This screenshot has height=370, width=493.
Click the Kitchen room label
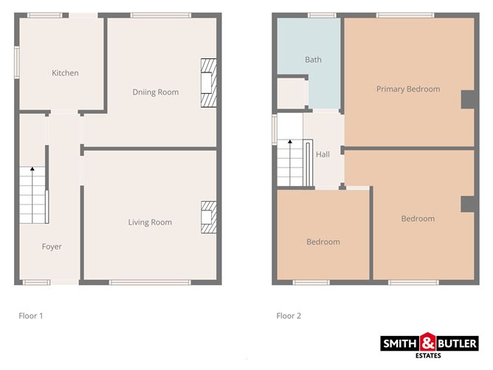(65, 73)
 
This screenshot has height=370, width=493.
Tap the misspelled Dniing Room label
(156, 92)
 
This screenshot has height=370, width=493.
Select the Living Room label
(150, 222)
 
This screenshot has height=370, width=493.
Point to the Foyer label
(52, 247)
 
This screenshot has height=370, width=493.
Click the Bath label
(313, 60)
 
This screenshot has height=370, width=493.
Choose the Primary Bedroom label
(408, 89)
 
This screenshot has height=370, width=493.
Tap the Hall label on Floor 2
(323, 154)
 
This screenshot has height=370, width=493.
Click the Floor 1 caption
(31, 316)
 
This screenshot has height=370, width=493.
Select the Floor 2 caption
(289, 316)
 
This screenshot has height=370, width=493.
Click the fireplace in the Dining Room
(209, 83)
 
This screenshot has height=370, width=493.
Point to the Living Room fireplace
(209, 217)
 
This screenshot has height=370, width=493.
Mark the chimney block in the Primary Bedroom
(467, 100)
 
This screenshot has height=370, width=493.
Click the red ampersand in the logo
(428, 342)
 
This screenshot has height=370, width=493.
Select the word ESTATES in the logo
(428, 355)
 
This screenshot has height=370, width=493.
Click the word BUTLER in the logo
(457, 343)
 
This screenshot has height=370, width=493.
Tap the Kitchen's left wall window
(17, 62)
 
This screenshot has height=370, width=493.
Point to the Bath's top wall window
(322, 15)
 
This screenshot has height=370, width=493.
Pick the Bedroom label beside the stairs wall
(323, 242)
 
